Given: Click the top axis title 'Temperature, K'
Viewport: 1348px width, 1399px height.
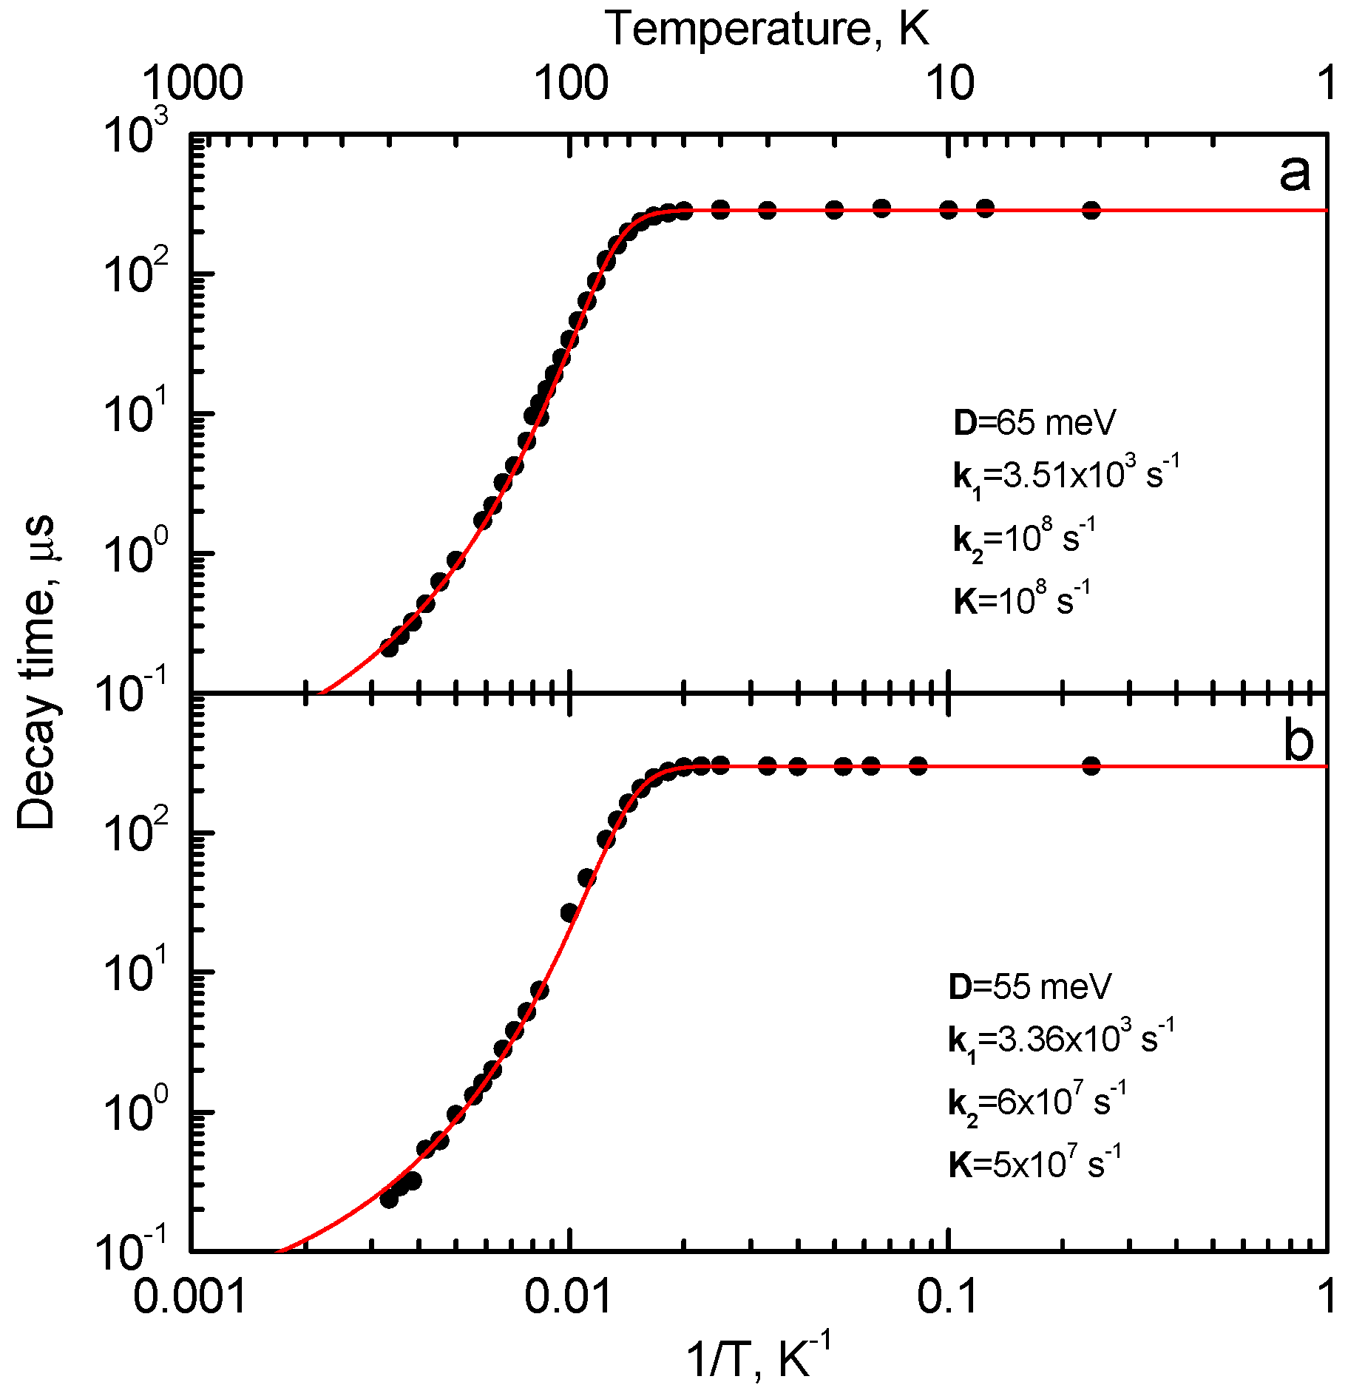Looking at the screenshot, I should click(x=767, y=30).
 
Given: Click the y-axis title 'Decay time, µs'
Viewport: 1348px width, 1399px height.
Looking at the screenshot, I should click(x=35, y=671).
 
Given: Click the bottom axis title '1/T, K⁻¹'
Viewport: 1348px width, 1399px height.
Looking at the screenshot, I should click(x=759, y=1359).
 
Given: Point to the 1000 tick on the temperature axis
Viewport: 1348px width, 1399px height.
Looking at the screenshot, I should click(x=192, y=83).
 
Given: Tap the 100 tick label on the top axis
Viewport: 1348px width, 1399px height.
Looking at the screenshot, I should click(x=571, y=83).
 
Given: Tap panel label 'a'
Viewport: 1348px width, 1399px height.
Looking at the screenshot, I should click(x=1294, y=175).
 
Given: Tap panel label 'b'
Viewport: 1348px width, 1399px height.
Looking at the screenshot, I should click(x=1298, y=741).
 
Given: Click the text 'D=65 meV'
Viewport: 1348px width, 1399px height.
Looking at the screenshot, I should click(x=1034, y=423).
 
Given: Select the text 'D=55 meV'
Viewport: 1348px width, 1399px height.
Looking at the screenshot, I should click(x=1029, y=986).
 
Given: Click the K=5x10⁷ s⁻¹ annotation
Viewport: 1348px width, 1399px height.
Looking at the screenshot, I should click(x=1034, y=1165).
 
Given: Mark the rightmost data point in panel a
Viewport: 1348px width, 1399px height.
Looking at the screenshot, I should click(x=1091, y=211).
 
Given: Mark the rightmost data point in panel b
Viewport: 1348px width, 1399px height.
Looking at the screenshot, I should click(x=1091, y=765).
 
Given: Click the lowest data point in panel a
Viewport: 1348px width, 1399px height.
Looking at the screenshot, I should click(x=389, y=648).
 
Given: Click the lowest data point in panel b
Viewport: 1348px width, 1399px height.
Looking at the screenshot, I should click(x=389, y=1199).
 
